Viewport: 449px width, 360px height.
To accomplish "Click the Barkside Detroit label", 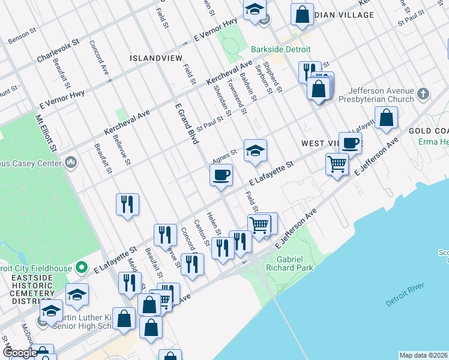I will [x=273, y=49].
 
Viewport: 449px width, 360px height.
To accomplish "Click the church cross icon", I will [x=423, y=94].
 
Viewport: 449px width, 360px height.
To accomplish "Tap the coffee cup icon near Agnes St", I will [x=221, y=175].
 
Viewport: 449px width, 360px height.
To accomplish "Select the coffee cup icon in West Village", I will [x=350, y=143].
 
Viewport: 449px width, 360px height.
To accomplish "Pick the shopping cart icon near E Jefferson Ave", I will [x=337, y=163].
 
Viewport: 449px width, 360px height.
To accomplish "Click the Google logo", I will [x=19, y=353].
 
